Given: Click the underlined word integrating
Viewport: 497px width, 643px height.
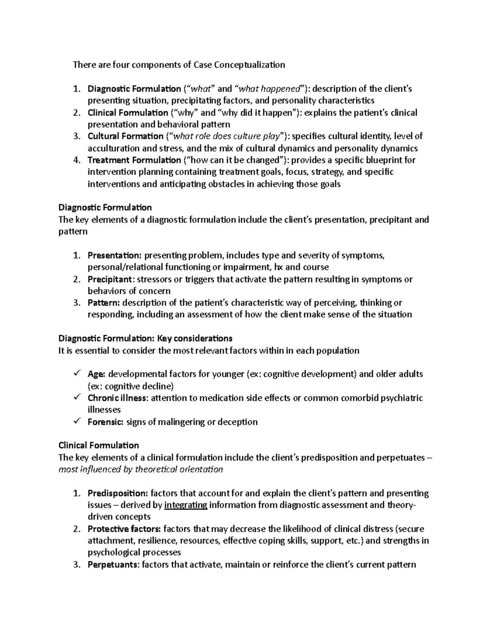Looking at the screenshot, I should point(186,505).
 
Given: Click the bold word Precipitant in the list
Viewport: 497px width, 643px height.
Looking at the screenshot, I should point(111,279).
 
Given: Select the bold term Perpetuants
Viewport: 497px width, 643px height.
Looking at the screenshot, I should point(113,564).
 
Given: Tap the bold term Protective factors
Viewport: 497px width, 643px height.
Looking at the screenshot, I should point(124,529).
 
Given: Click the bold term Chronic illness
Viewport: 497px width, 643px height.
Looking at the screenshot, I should point(117,398).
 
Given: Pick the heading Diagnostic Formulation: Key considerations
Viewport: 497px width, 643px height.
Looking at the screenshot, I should point(145,338).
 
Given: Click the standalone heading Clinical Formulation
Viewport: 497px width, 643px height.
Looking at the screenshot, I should point(99,446).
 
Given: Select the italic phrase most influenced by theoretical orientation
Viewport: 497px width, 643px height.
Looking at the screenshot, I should point(141,469).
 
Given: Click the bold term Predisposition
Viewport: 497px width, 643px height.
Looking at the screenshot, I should point(117,493).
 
